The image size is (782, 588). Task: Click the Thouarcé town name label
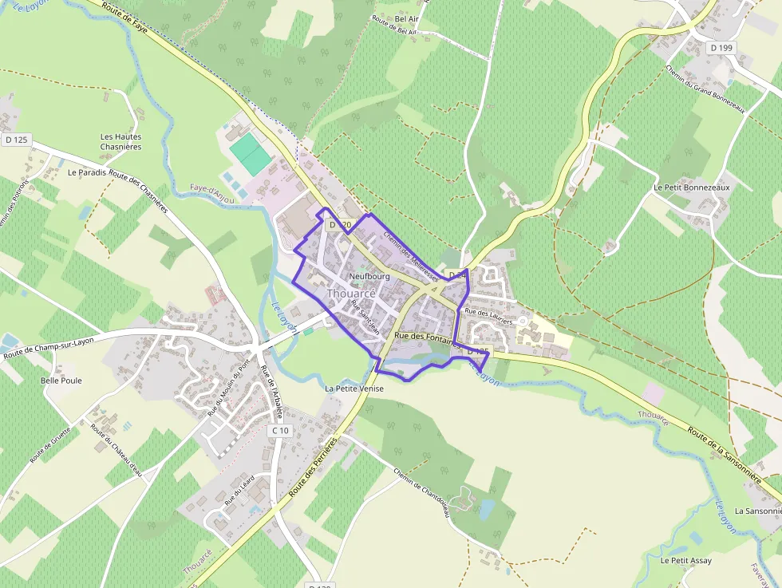click(351, 294)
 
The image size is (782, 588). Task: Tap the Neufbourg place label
click(369, 277)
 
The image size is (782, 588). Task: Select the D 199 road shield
click(721, 48)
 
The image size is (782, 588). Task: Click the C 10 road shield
click(280, 430)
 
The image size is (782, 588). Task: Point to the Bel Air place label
click(407, 18)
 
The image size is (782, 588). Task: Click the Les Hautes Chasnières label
click(121, 141)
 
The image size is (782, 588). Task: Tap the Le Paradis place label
click(87, 172)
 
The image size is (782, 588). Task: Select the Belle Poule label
click(61, 381)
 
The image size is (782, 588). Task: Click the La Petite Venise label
click(354, 389)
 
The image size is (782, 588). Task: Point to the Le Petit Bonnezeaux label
click(692, 187)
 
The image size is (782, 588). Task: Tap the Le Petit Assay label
click(686, 560)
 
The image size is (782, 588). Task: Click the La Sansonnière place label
click(757, 511)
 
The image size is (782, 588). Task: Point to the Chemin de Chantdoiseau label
click(423, 491)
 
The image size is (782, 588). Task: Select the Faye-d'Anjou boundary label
click(212, 194)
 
